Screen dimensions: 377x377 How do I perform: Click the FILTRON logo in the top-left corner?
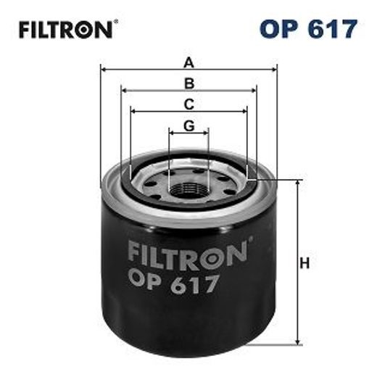tap(64, 30)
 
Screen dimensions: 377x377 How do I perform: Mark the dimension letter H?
tap(305, 262)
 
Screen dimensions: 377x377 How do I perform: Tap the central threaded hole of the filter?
tap(189, 190)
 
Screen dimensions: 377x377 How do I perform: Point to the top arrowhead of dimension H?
tap(297, 183)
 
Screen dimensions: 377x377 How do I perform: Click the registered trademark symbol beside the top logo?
tap(114, 23)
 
